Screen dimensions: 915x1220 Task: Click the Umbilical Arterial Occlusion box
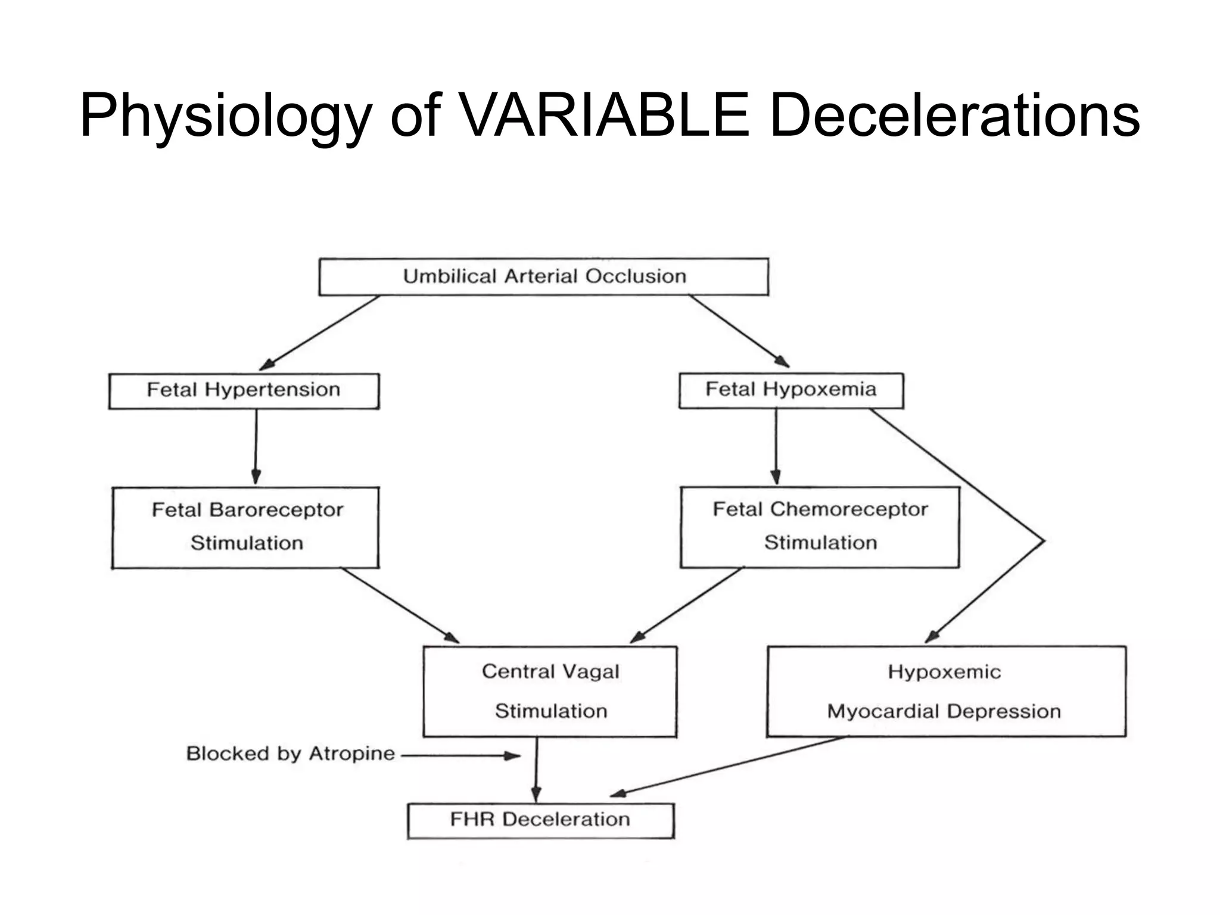pyautogui.click(x=543, y=276)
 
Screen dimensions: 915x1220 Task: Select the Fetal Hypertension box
pyautogui.click(x=244, y=391)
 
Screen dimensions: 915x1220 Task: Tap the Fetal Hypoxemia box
pyautogui.click(x=790, y=390)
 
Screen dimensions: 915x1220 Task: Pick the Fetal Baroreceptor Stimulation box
pyautogui.click(x=245, y=527)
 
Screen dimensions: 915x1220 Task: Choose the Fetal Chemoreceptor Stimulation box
pyautogui.click(x=820, y=527)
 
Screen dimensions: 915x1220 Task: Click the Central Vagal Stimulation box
pyautogui.click(x=550, y=691)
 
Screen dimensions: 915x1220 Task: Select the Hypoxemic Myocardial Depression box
pyautogui.click(x=946, y=691)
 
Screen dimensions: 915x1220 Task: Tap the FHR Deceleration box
pyautogui.click(x=540, y=820)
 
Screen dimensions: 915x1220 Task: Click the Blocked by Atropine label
pyautogui.click(x=290, y=754)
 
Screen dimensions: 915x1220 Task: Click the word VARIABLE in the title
pyautogui.click(x=605, y=116)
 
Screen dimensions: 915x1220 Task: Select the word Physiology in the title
pyautogui.click(x=225, y=117)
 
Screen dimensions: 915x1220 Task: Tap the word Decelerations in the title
pyautogui.click(x=954, y=116)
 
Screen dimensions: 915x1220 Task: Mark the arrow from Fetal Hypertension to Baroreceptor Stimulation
pyautogui.click(x=256, y=447)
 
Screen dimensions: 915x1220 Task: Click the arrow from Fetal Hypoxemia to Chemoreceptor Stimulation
pyautogui.click(x=776, y=447)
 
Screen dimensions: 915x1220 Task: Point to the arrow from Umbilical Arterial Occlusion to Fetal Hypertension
pyautogui.click(x=320, y=332)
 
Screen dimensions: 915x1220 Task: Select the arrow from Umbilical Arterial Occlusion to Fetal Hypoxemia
pyautogui.click(x=739, y=331)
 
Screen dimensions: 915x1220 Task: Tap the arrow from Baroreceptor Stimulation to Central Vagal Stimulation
pyautogui.click(x=400, y=605)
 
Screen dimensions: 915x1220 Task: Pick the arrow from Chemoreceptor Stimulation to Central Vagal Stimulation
pyautogui.click(x=687, y=605)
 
